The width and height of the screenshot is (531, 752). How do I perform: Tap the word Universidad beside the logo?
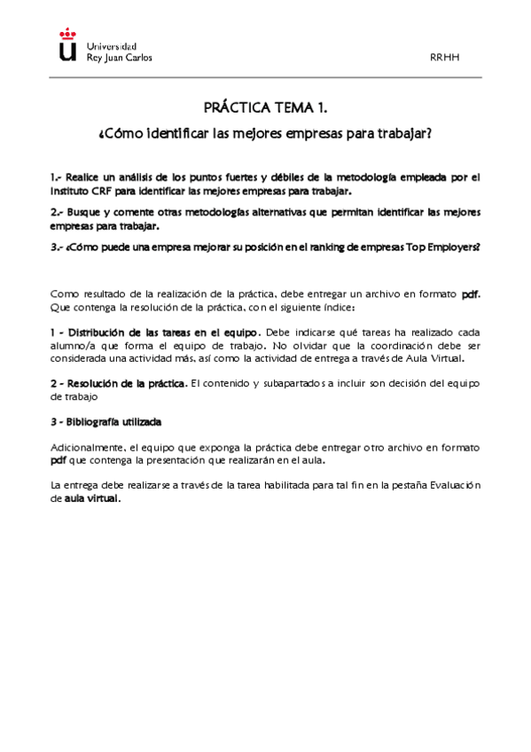[x=112, y=45]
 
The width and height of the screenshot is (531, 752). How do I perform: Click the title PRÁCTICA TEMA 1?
[x=266, y=108]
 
